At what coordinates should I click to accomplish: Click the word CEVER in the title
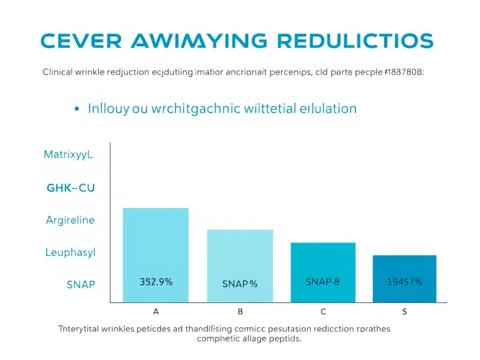click(x=81, y=41)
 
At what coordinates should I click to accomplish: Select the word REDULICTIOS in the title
click(x=354, y=41)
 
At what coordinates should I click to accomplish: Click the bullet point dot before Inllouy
click(x=76, y=109)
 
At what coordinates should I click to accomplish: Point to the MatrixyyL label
click(x=69, y=155)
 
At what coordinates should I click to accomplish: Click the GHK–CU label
click(x=71, y=188)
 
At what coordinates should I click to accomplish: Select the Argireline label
click(x=70, y=220)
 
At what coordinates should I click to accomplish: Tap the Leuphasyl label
click(x=70, y=253)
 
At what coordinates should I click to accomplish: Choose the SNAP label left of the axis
click(x=81, y=285)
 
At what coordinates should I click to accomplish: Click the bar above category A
click(x=156, y=244)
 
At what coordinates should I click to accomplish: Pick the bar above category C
click(x=323, y=262)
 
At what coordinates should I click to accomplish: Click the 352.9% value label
click(x=156, y=282)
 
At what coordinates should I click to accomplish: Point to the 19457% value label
click(x=405, y=282)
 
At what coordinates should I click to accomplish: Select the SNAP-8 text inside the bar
click(x=322, y=282)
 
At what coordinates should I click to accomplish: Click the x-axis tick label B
click(x=240, y=312)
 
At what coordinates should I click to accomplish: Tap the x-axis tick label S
click(x=405, y=312)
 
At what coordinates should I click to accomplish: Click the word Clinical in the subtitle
click(x=56, y=73)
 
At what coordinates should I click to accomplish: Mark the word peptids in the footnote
click(x=285, y=338)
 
